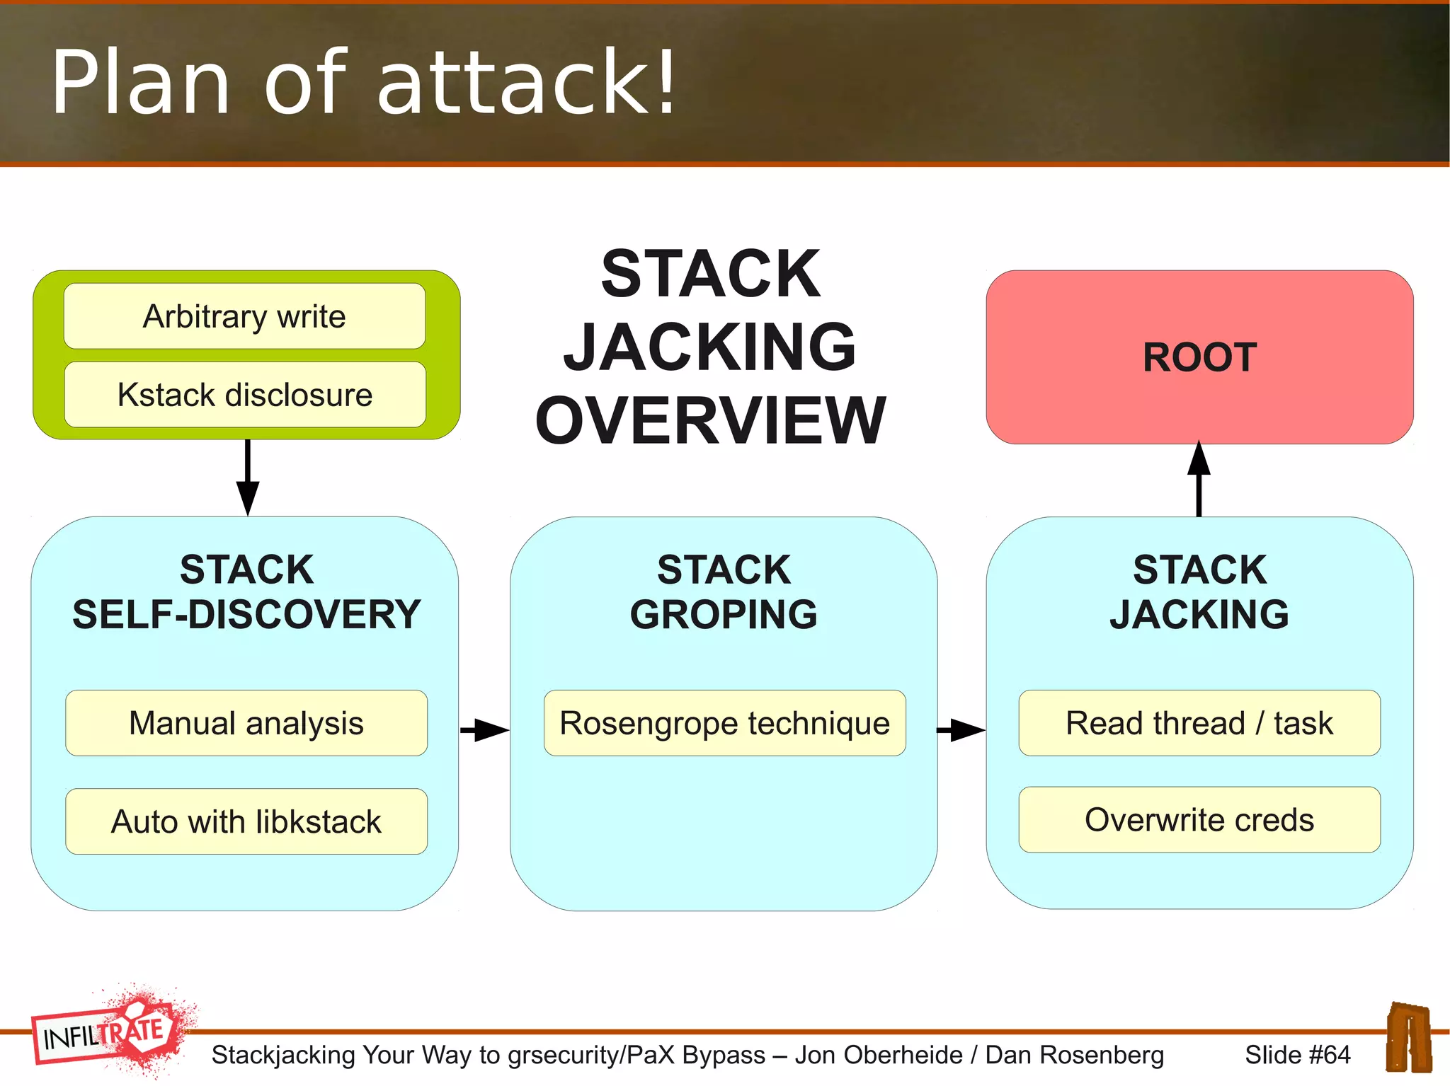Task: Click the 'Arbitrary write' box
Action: click(x=244, y=316)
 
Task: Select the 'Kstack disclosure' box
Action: click(x=244, y=395)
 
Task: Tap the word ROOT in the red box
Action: click(x=1199, y=357)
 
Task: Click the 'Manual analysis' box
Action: click(x=246, y=723)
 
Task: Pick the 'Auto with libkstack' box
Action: click(x=246, y=821)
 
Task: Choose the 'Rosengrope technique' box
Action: click(x=724, y=723)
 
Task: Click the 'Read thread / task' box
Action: click(x=1199, y=723)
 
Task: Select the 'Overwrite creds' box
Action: click(x=1199, y=820)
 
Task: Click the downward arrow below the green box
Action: click(x=247, y=478)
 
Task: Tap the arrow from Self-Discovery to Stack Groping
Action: click(x=484, y=729)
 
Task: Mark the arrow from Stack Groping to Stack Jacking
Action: click(x=961, y=729)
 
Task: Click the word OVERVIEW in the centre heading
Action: click(x=710, y=421)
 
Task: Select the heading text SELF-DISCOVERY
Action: click(x=246, y=614)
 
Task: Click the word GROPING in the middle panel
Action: click(x=724, y=614)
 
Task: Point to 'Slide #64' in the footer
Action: click(x=1297, y=1055)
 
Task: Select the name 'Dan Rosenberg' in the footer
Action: click(x=1074, y=1055)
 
